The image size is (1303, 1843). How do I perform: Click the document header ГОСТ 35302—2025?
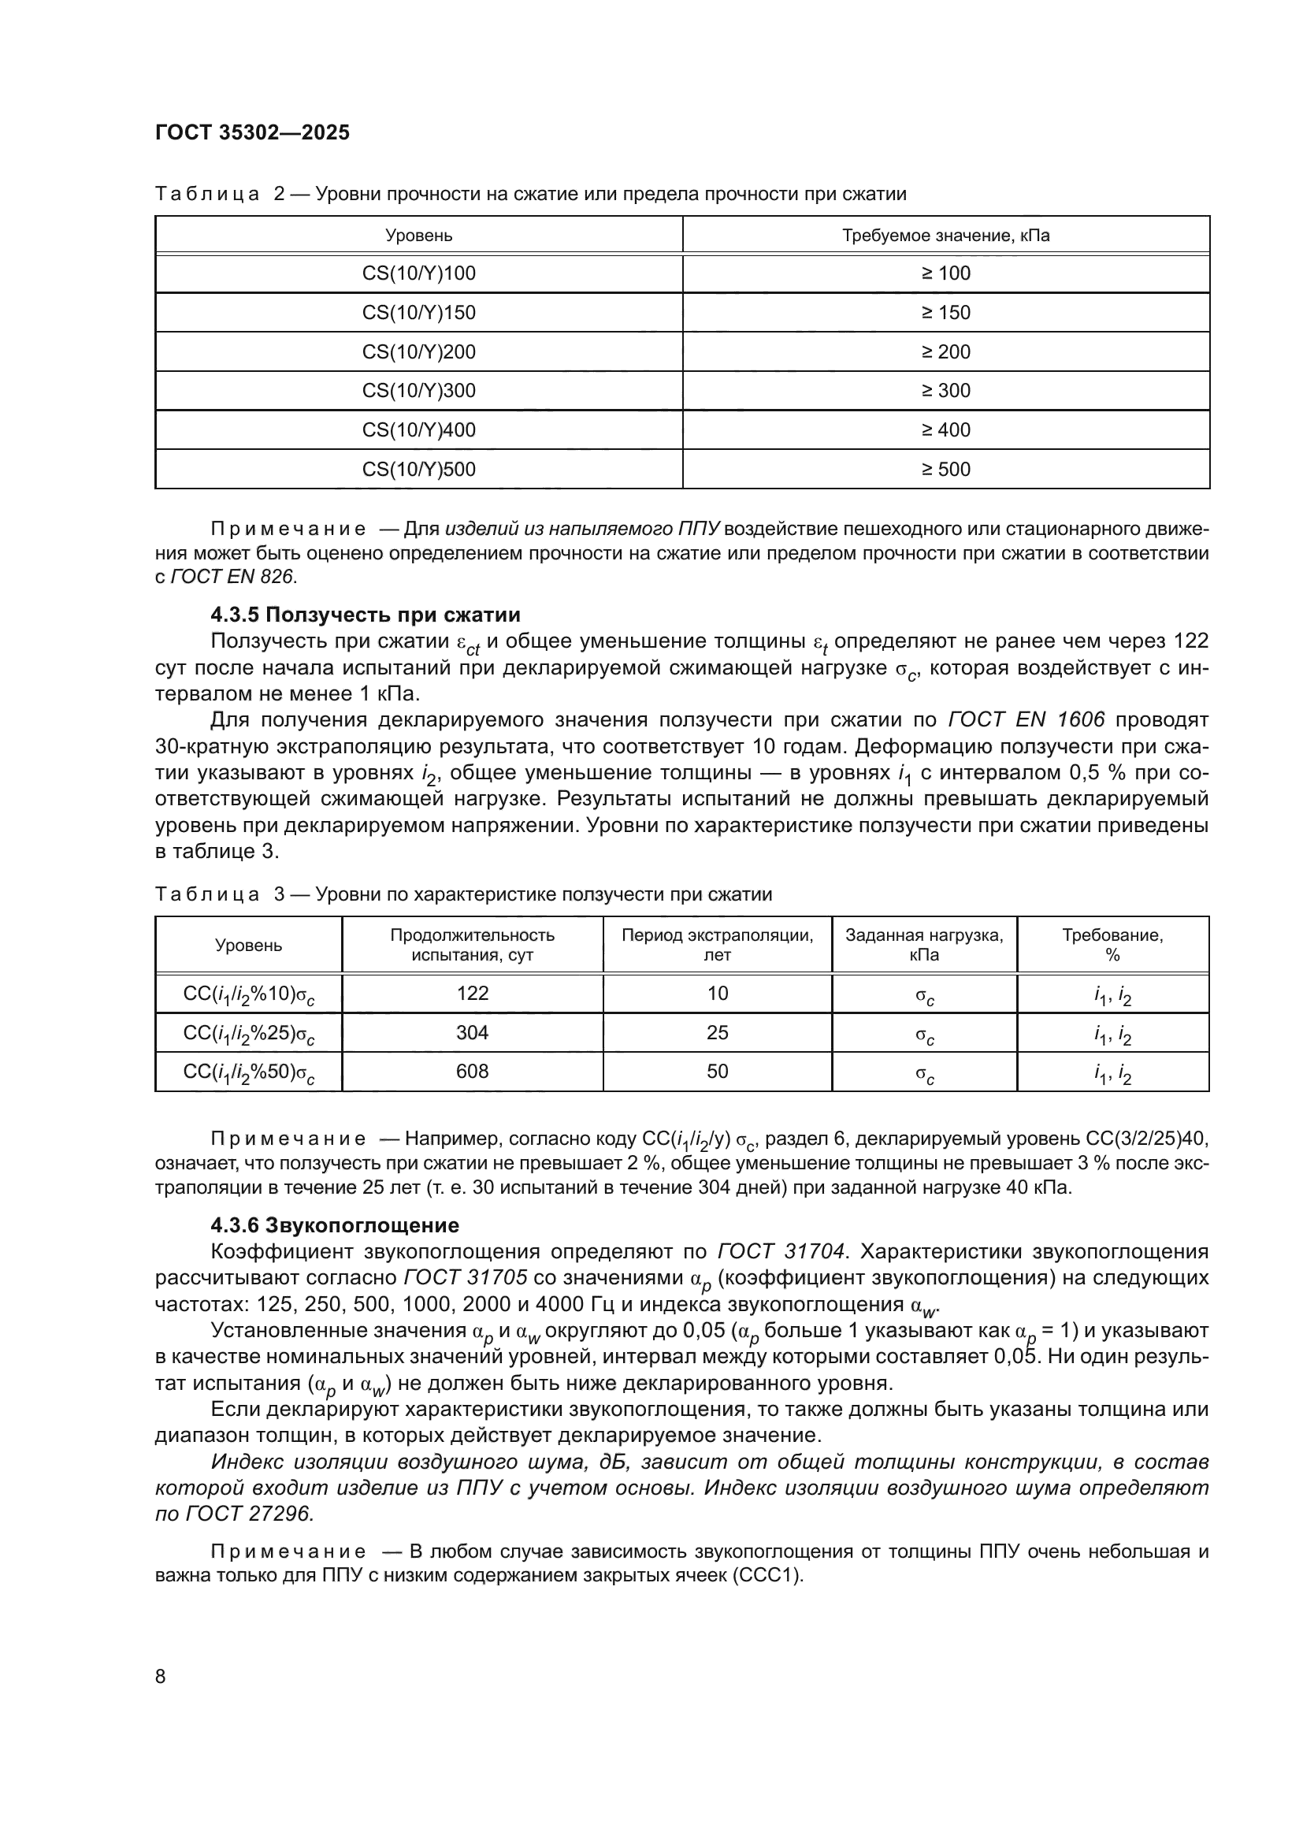252,132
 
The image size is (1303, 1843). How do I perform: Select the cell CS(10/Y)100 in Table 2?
419,273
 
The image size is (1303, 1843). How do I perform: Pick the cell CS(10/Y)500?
419,470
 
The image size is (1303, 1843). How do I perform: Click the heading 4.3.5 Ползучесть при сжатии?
365,615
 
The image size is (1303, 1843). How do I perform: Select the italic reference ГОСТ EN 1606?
1026,720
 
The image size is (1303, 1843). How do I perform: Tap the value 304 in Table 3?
472,1033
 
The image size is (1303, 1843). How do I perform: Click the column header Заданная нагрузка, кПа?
923,946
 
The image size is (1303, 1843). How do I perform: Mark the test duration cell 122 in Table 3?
472,994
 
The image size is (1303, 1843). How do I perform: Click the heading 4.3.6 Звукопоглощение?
335,1226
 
